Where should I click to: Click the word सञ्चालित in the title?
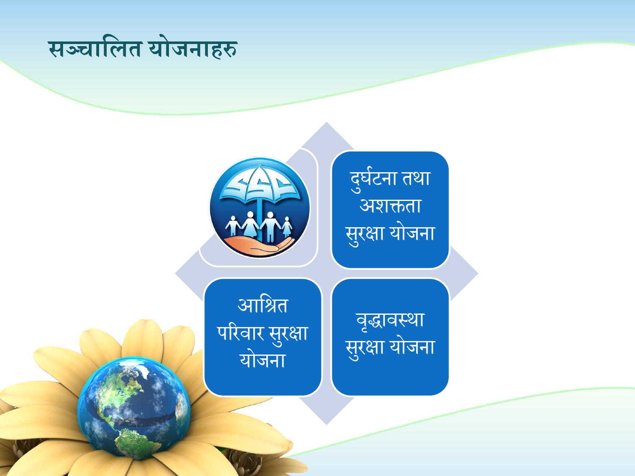click(95, 49)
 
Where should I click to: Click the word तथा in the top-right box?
click(416, 178)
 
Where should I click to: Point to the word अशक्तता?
click(390, 206)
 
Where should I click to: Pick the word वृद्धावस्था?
click(390, 320)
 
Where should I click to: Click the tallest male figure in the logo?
click(270, 227)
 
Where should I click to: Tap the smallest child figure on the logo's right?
click(287, 227)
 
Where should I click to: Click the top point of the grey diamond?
click(326, 122)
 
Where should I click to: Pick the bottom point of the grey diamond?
click(326, 425)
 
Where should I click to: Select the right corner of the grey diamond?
click(478, 273)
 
